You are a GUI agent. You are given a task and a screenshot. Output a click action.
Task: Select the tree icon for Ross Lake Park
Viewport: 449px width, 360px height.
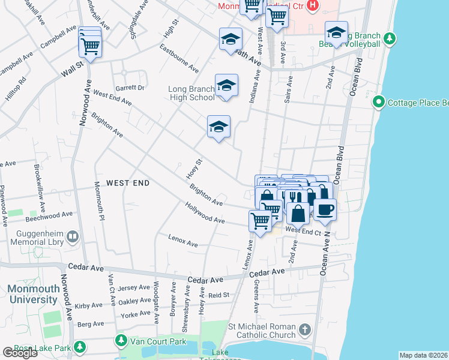(x=79, y=347)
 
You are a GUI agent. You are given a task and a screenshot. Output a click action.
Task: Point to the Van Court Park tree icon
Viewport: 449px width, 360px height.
(x=121, y=341)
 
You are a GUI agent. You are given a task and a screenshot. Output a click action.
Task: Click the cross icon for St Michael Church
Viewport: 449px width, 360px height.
(x=305, y=330)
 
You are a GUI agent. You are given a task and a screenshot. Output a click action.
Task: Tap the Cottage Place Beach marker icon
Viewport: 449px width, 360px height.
(x=379, y=102)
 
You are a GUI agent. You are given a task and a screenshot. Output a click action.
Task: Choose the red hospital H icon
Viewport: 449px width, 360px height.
(x=312, y=6)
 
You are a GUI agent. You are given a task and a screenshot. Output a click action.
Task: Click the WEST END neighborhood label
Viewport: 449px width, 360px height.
(x=127, y=182)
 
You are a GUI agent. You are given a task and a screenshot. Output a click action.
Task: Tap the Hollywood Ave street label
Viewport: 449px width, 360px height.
(x=205, y=214)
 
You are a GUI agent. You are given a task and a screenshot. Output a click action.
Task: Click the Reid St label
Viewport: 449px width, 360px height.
(x=218, y=295)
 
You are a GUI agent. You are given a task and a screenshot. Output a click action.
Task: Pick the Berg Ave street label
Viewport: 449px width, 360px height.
(x=91, y=324)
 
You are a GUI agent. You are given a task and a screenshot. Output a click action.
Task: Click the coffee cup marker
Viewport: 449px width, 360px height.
(x=325, y=210)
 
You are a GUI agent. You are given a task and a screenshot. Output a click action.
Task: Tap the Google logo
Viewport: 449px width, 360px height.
(x=20, y=353)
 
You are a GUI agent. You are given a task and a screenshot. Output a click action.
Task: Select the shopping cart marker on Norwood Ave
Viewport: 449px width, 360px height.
(x=90, y=46)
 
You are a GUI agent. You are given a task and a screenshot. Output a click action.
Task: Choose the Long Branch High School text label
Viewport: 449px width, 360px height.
(x=191, y=94)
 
